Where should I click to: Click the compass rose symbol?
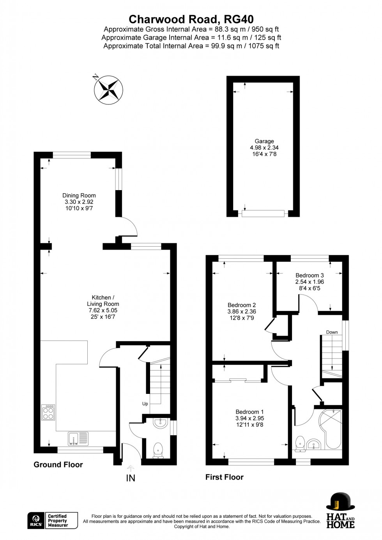(108, 90)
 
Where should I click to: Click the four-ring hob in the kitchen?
(48, 412)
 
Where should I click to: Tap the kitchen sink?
(78, 438)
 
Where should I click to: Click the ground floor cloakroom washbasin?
(160, 423)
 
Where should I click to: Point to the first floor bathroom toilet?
(300, 444)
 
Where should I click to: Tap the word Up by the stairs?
(145, 404)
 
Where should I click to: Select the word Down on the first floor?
(332, 332)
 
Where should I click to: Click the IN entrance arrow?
(131, 469)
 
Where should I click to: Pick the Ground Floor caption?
(58, 464)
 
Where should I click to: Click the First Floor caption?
(224, 477)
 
